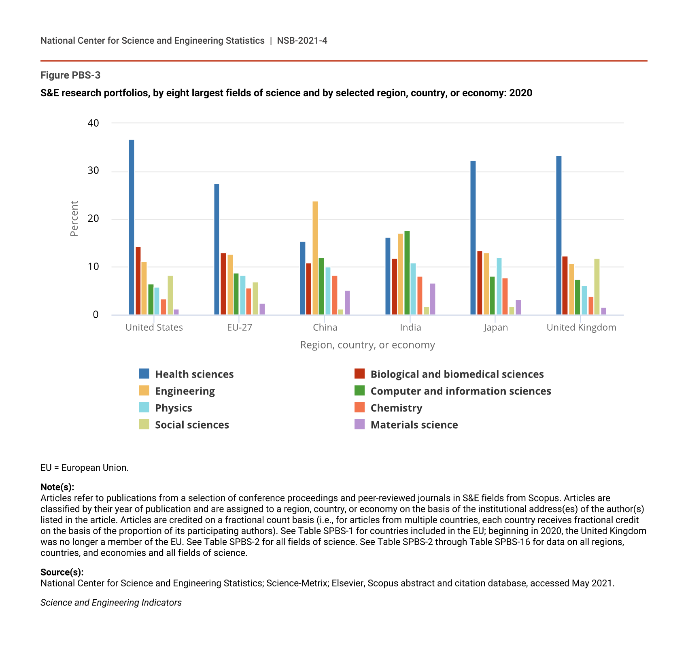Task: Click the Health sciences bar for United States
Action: point(132,227)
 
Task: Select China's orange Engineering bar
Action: point(315,258)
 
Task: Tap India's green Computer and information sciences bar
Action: point(407,273)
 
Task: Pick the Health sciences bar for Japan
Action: point(473,238)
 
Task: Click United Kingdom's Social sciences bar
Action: point(597,287)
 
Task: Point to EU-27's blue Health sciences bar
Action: point(217,249)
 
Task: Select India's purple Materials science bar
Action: point(433,299)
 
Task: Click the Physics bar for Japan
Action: point(499,286)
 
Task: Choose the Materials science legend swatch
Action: point(359,424)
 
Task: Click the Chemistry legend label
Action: point(396,408)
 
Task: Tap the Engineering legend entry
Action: point(185,391)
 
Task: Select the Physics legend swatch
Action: point(144,408)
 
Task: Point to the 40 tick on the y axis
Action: point(93,123)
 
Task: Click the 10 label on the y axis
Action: point(93,267)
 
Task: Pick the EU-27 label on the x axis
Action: point(240,327)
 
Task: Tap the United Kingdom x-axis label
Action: point(581,327)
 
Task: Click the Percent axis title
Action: point(74,219)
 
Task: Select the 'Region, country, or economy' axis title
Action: point(367,345)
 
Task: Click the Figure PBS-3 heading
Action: point(70,75)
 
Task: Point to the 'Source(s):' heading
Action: point(62,572)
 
